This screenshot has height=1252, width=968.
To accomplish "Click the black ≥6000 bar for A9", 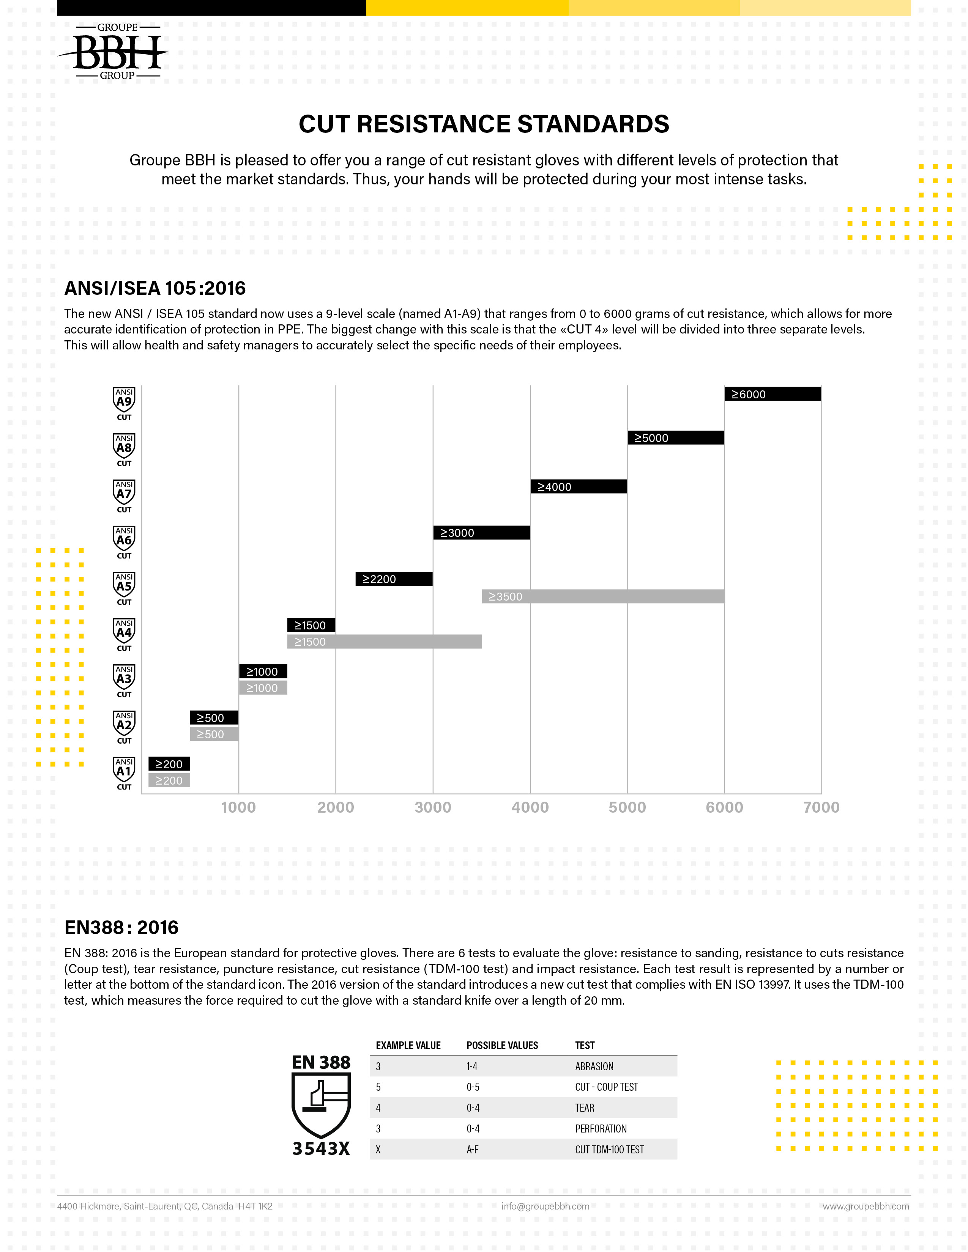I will (773, 394).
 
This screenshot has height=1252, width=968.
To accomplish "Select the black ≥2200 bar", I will (394, 579).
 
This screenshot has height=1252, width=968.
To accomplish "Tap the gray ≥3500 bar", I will (603, 596).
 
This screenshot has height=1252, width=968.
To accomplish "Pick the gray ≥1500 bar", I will (384, 642).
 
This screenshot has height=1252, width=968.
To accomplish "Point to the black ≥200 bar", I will (169, 764).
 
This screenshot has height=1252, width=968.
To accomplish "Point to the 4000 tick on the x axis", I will (530, 807).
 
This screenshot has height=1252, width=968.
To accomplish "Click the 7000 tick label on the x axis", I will (821, 807).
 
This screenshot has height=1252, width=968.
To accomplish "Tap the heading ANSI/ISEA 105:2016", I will (155, 288).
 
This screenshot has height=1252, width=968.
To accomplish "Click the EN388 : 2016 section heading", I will (121, 928).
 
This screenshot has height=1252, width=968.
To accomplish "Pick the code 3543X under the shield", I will (321, 1149).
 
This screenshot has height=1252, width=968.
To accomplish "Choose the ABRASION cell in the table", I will (594, 1066).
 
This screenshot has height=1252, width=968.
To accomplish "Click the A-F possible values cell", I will (473, 1150).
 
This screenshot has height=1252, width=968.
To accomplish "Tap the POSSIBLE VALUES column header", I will (502, 1045).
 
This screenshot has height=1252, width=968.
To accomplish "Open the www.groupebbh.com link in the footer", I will (866, 1206).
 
